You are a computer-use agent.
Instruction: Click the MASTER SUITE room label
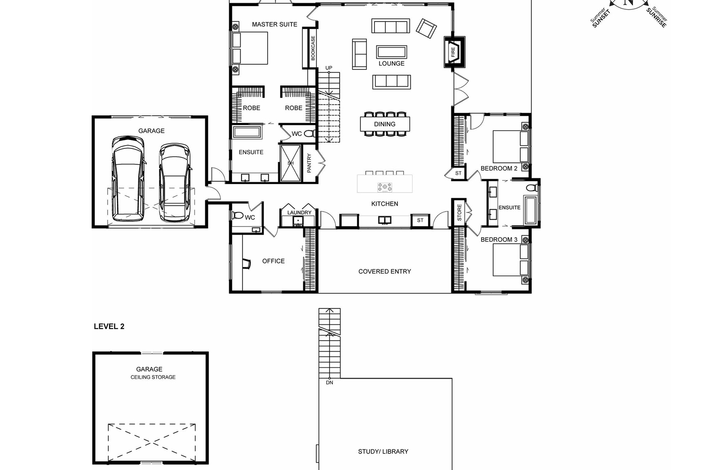[274, 24]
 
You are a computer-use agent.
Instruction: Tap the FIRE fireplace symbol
[453, 52]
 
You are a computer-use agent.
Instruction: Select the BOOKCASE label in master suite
[313, 48]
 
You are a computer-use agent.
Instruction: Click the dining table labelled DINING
[385, 124]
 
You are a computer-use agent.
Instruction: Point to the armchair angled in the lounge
[426, 29]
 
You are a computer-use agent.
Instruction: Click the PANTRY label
[309, 163]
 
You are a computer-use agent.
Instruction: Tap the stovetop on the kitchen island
[385, 186]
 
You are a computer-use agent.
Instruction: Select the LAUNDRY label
[299, 213]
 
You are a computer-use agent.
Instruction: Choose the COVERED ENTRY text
[385, 271]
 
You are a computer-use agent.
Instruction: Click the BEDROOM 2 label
[499, 168]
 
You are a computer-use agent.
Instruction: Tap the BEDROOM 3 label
[499, 240]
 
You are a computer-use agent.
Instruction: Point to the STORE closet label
[459, 213]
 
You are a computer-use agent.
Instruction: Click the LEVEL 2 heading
[109, 326]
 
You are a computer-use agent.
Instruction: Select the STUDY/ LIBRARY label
[383, 452]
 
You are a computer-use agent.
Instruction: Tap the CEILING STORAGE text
[153, 377]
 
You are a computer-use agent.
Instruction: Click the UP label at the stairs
[329, 68]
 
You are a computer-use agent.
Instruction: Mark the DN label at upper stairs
[329, 382]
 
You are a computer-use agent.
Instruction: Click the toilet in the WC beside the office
[238, 215]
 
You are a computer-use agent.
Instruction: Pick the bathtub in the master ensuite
[247, 133]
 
